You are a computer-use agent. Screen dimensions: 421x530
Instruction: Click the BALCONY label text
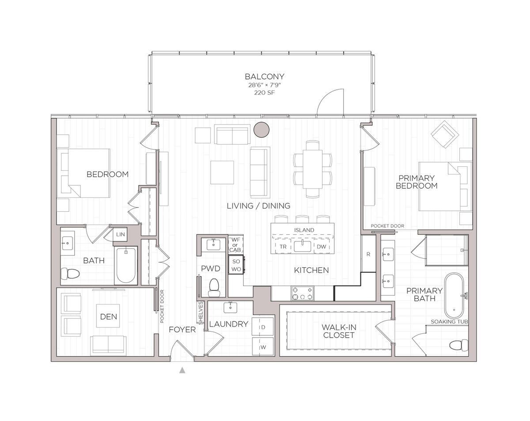(265, 76)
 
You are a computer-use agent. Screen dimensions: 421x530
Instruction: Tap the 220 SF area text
(265, 93)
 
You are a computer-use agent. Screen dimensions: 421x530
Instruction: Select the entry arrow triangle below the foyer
(182, 370)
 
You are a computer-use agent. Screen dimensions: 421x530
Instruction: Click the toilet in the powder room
(214, 288)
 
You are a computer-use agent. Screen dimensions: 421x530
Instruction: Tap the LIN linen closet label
(121, 235)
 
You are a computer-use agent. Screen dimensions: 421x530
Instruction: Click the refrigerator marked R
(368, 254)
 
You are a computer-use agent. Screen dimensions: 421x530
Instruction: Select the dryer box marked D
(263, 327)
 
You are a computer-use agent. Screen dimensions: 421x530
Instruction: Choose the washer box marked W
(263, 347)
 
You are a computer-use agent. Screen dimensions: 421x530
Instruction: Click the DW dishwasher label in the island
(321, 247)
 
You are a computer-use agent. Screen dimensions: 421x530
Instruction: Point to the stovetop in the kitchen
(302, 293)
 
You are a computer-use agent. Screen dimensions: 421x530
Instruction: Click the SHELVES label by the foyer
(201, 313)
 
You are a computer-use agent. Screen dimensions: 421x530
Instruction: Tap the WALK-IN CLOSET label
(339, 331)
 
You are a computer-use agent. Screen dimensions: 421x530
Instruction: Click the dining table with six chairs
(313, 169)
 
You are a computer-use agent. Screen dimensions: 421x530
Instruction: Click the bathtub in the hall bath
(126, 265)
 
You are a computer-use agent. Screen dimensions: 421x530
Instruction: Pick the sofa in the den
(108, 346)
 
